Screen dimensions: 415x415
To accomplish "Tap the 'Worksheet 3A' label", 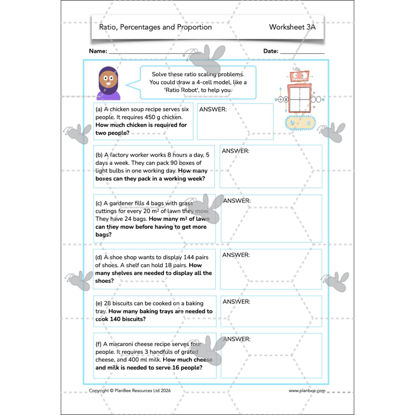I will coord(292,27).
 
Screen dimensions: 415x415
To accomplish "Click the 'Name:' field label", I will coord(98,51).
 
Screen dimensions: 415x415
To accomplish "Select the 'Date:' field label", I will coord(271,51).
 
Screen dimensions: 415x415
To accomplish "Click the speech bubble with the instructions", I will coord(198,82).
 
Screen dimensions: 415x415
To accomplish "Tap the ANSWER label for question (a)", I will coord(213,109).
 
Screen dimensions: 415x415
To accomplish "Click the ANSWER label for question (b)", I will coord(236,151).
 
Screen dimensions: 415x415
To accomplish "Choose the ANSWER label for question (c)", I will coord(237,201).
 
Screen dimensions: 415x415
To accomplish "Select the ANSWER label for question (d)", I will coord(236,255).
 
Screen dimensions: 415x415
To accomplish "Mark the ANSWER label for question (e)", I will coord(236,302).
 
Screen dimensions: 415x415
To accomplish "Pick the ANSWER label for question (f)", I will coord(237,339).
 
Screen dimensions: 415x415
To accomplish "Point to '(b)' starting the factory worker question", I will coord(99,155).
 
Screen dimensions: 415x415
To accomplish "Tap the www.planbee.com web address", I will coord(307,391).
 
